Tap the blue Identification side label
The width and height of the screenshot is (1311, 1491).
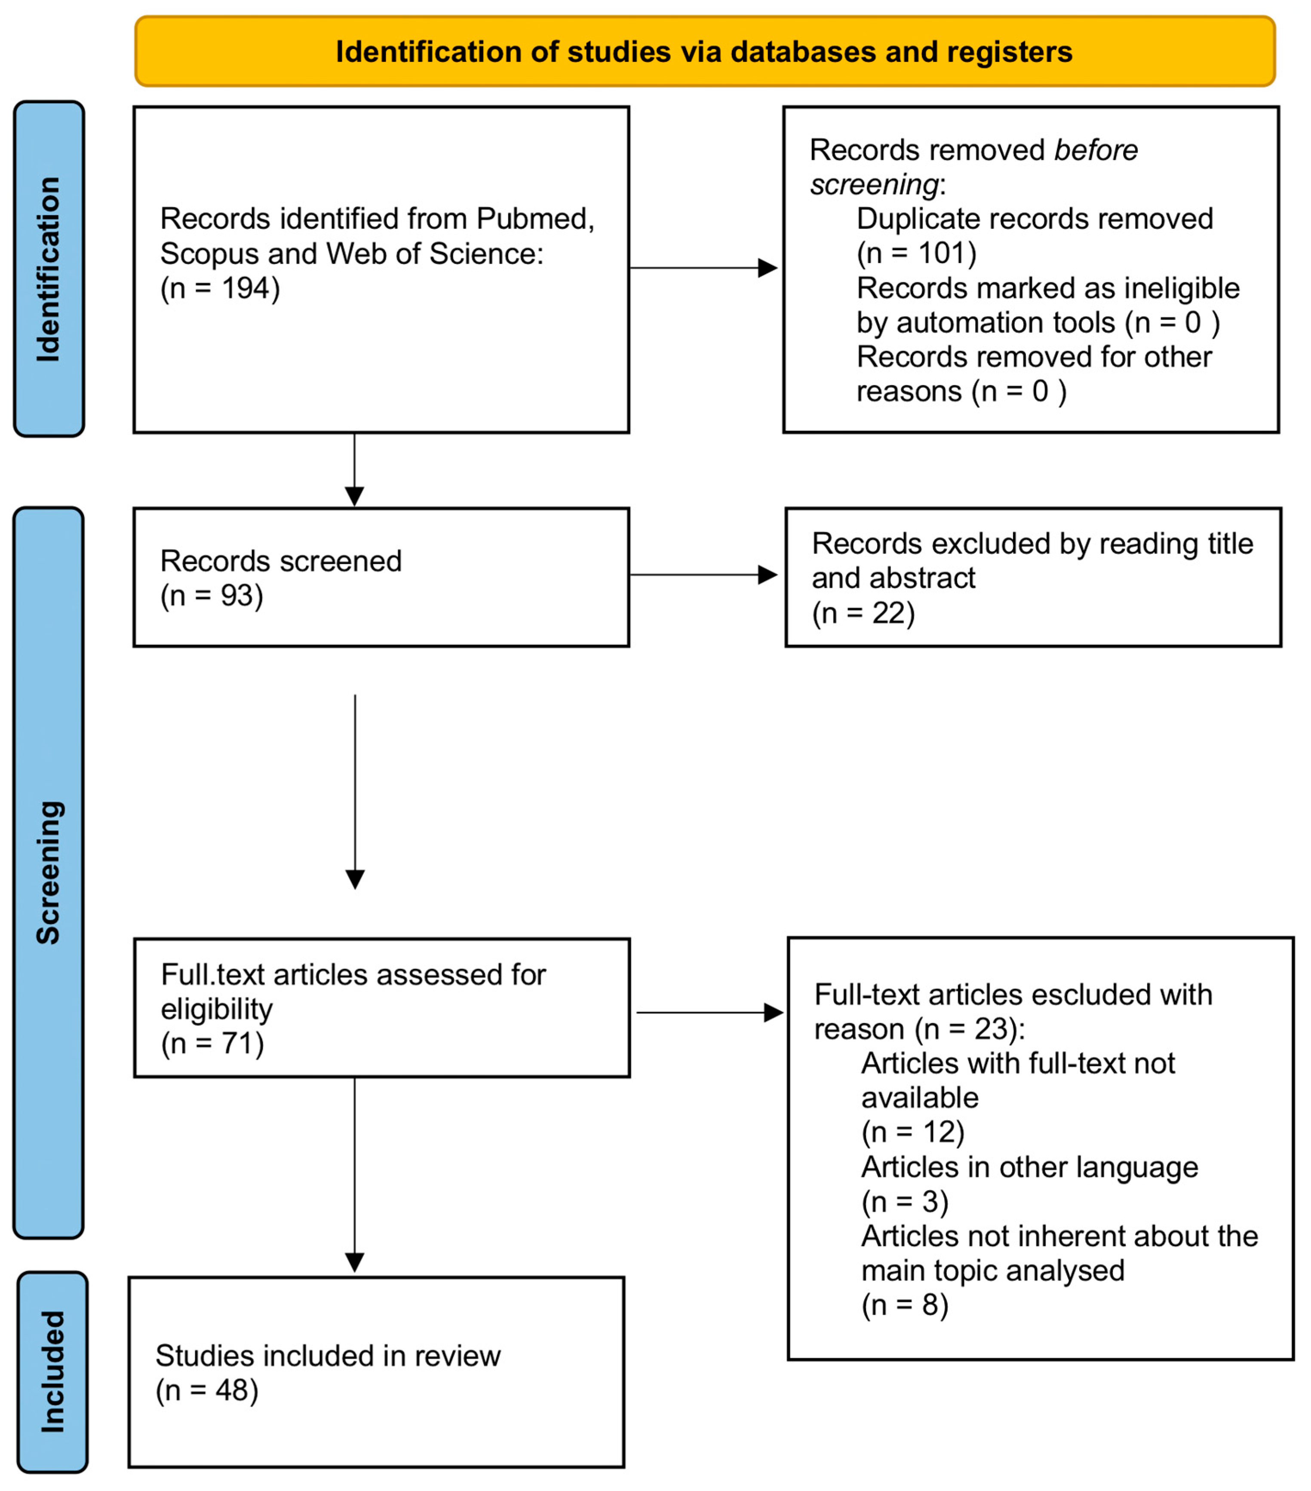(x=49, y=269)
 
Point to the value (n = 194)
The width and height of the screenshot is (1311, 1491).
(x=220, y=288)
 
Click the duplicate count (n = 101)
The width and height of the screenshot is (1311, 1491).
(x=916, y=253)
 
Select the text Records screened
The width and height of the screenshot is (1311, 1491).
(x=281, y=561)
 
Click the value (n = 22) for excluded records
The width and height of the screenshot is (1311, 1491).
(x=863, y=613)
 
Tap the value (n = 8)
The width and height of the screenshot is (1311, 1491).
(x=905, y=1305)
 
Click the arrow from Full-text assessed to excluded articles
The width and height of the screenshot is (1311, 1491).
(x=709, y=1013)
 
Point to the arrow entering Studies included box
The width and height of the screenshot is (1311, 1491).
(x=355, y=1182)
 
